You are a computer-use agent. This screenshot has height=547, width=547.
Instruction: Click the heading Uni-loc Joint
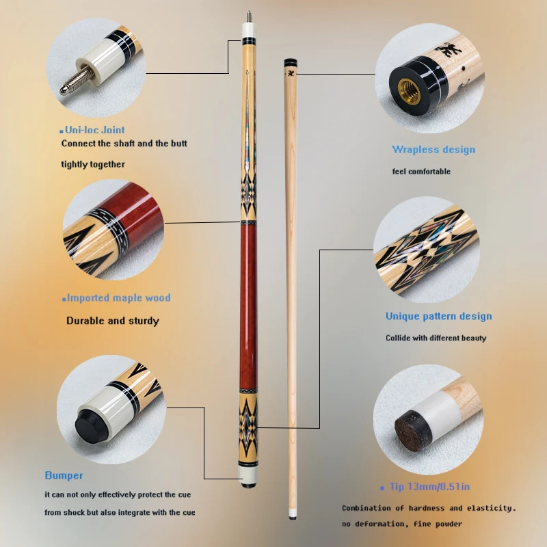point(95,130)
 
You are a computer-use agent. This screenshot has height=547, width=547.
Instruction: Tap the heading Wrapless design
point(433,150)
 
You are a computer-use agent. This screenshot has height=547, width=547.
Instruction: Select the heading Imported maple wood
point(118,298)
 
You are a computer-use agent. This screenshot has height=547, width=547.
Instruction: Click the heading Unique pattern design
point(439,316)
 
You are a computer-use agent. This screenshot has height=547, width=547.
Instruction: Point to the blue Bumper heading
point(64,475)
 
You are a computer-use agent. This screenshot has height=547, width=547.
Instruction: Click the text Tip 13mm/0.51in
point(430,487)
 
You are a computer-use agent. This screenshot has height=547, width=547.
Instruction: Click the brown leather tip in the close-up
point(413,430)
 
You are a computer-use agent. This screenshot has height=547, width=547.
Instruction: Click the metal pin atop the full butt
point(249,16)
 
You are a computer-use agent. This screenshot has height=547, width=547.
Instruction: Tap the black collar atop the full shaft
point(290,63)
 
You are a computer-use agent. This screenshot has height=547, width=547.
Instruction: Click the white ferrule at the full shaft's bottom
point(293,513)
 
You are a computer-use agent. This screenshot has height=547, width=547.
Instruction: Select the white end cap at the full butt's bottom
point(248,475)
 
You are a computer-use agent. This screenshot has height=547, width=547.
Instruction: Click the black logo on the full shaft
point(290,74)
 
